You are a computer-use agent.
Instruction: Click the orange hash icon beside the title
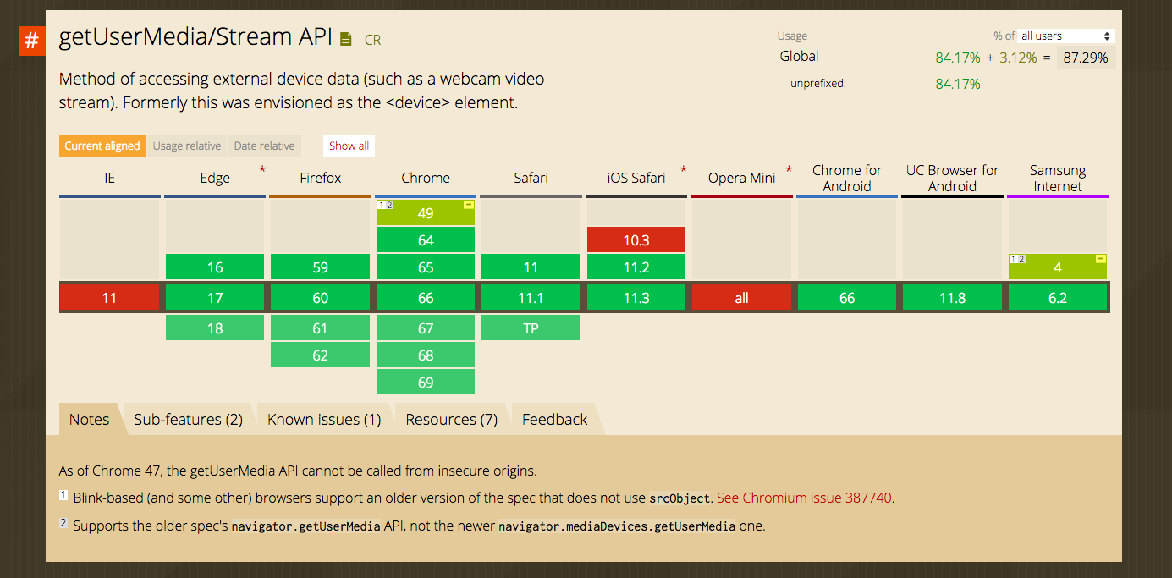(x=31, y=41)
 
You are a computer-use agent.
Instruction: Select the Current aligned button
(x=102, y=146)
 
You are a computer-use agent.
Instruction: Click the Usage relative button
(x=187, y=146)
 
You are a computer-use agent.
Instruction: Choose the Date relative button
(x=264, y=146)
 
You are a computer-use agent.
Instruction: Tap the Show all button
(x=349, y=146)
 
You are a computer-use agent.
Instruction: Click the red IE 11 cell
(x=109, y=298)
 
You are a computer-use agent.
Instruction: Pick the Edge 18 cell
(x=215, y=328)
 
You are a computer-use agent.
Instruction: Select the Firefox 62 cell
(x=320, y=355)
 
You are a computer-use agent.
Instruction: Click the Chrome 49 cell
(x=426, y=212)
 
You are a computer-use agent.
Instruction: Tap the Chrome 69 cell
(x=426, y=383)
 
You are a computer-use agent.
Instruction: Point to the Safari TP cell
(x=531, y=328)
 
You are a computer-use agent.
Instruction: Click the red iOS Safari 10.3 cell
(x=636, y=240)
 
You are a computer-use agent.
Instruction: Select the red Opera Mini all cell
(x=742, y=298)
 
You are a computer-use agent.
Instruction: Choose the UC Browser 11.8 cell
(x=952, y=298)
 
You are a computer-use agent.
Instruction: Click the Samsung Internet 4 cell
(x=1058, y=267)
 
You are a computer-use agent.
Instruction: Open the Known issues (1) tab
(x=324, y=420)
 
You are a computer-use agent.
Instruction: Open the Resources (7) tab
(x=452, y=420)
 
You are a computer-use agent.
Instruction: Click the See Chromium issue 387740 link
(x=804, y=498)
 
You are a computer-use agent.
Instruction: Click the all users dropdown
(x=1065, y=36)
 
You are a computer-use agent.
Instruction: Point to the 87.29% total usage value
(x=1086, y=58)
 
